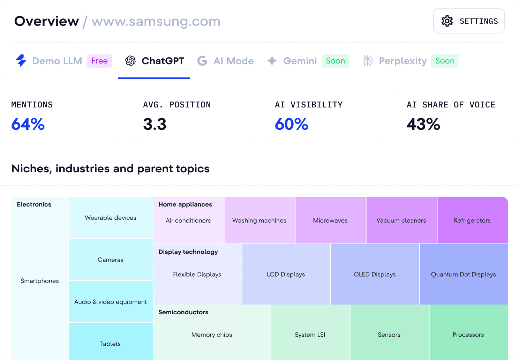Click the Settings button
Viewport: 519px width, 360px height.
click(469, 21)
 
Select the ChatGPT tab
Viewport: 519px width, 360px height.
click(154, 61)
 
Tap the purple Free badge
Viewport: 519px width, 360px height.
click(99, 61)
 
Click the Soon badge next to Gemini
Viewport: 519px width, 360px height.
click(335, 61)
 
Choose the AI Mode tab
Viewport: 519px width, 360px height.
click(226, 61)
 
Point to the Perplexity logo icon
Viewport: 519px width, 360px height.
click(368, 61)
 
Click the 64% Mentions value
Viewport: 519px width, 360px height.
click(28, 124)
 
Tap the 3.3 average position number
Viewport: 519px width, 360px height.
click(155, 124)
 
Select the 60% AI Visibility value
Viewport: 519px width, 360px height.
click(292, 124)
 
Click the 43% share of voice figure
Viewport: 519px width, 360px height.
click(423, 124)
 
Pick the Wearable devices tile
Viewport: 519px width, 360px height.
click(111, 218)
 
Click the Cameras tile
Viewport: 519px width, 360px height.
click(111, 260)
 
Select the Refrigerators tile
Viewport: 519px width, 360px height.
click(472, 220)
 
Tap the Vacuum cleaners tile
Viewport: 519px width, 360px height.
click(401, 220)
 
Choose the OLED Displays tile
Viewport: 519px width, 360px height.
click(375, 275)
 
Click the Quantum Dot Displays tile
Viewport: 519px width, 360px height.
click(463, 275)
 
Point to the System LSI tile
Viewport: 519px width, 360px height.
click(310, 335)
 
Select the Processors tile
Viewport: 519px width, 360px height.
click(468, 335)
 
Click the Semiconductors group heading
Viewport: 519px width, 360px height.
click(183, 312)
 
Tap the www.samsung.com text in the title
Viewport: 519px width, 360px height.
click(156, 22)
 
